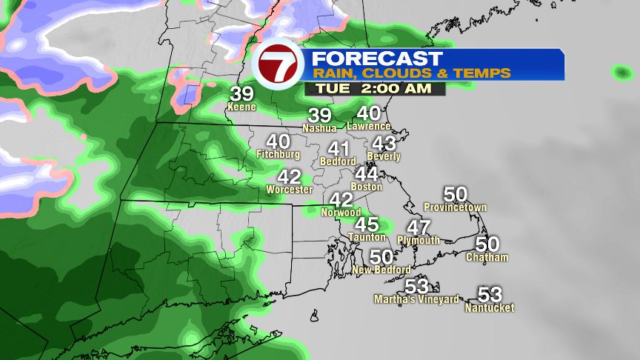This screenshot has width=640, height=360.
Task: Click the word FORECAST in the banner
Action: (x=376, y=59)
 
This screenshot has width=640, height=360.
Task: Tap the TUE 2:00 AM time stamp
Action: (x=375, y=88)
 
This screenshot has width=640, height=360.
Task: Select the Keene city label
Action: (x=241, y=107)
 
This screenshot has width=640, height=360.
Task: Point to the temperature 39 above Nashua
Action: (x=320, y=116)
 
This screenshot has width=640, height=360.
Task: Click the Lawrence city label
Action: (x=369, y=126)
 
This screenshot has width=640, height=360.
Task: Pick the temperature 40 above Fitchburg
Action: (x=278, y=141)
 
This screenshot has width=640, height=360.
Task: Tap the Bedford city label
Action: (x=338, y=161)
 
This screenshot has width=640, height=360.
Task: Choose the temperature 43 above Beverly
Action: (x=384, y=144)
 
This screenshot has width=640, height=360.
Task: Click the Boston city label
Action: (x=367, y=187)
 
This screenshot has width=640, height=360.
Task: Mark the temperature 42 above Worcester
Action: (x=289, y=177)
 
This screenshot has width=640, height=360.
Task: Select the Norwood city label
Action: (x=341, y=213)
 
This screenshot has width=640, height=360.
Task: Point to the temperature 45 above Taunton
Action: (x=367, y=224)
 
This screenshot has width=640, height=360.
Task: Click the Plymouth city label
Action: (x=419, y=240)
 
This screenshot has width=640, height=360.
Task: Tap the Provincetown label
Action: (x=456, y=207)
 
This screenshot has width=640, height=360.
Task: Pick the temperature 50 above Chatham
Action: (x=487, y=244)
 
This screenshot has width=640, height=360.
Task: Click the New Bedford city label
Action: (x=381, y=270)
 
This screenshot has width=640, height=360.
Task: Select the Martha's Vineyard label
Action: (x=417, y=299)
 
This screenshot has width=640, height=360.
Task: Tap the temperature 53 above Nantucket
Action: (x=490, y=294)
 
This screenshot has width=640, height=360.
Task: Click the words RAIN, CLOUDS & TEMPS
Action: (x=411, y=73)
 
